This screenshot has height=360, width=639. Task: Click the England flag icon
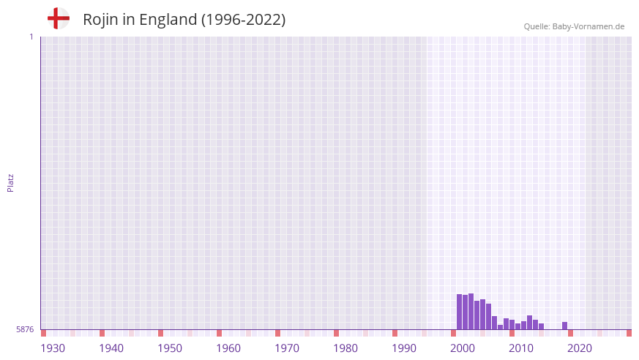coord(59,18)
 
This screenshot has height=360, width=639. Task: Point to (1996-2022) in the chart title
coord(243,20)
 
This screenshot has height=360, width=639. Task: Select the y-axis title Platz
coord(10,182)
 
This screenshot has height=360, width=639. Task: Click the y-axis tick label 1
coord(31,37)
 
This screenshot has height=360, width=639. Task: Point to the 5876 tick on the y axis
coord(25,330)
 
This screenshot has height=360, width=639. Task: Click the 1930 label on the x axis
coord(53,348)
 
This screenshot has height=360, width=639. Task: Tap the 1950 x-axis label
coord(170,348)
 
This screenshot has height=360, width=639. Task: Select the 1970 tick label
coord(287,348)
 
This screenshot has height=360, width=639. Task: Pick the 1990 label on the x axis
coord(404,348)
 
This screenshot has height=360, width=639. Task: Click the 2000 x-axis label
coord(463,348)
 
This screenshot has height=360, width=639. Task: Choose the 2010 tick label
coord(521,348)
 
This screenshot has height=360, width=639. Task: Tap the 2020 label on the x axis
coord(580,348)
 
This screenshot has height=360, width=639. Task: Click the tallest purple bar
coord(471,312)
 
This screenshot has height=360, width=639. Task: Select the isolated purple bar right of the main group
coord(564,326)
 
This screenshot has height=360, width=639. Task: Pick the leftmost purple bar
coord(459,312)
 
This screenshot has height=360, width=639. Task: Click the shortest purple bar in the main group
coord(500,327)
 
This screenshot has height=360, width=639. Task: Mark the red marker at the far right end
coord(629,333)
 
